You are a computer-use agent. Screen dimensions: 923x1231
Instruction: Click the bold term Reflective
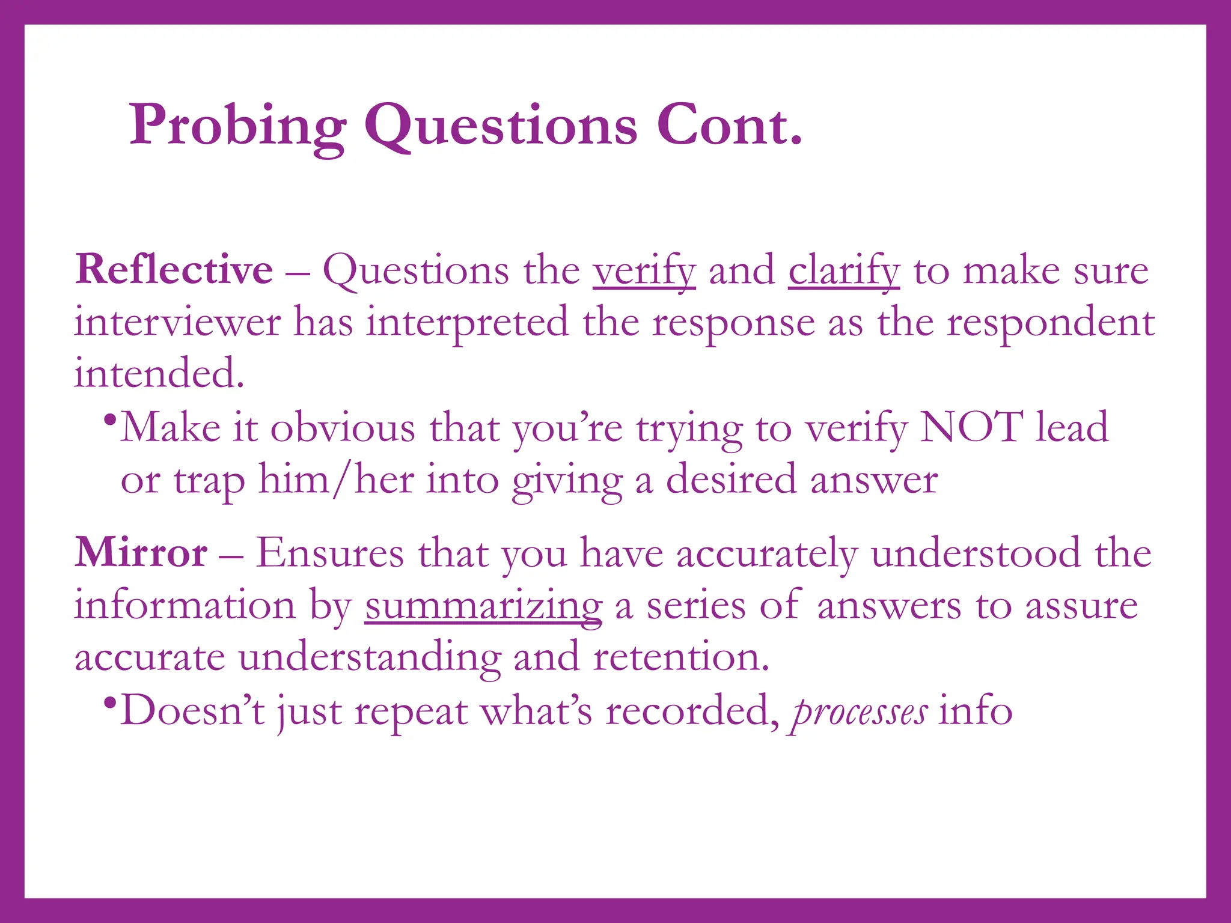pyautogui.click(x=174, y=269)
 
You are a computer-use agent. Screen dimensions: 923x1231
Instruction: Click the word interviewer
pyautogui.click(x=177, y=322)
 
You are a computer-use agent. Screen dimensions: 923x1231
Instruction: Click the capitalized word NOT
pyautogui.click(x=971, y=427)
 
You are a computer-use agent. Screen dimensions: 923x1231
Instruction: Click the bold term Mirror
pyautogui.click(x=141, y=552)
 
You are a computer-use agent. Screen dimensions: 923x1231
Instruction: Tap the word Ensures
pyautogui.click(x=330, y=552)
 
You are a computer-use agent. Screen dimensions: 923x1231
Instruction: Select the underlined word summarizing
pyautogui.click(x=483, y=606)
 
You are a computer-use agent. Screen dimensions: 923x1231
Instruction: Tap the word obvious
pyautogui.click(x=343, y=428)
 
